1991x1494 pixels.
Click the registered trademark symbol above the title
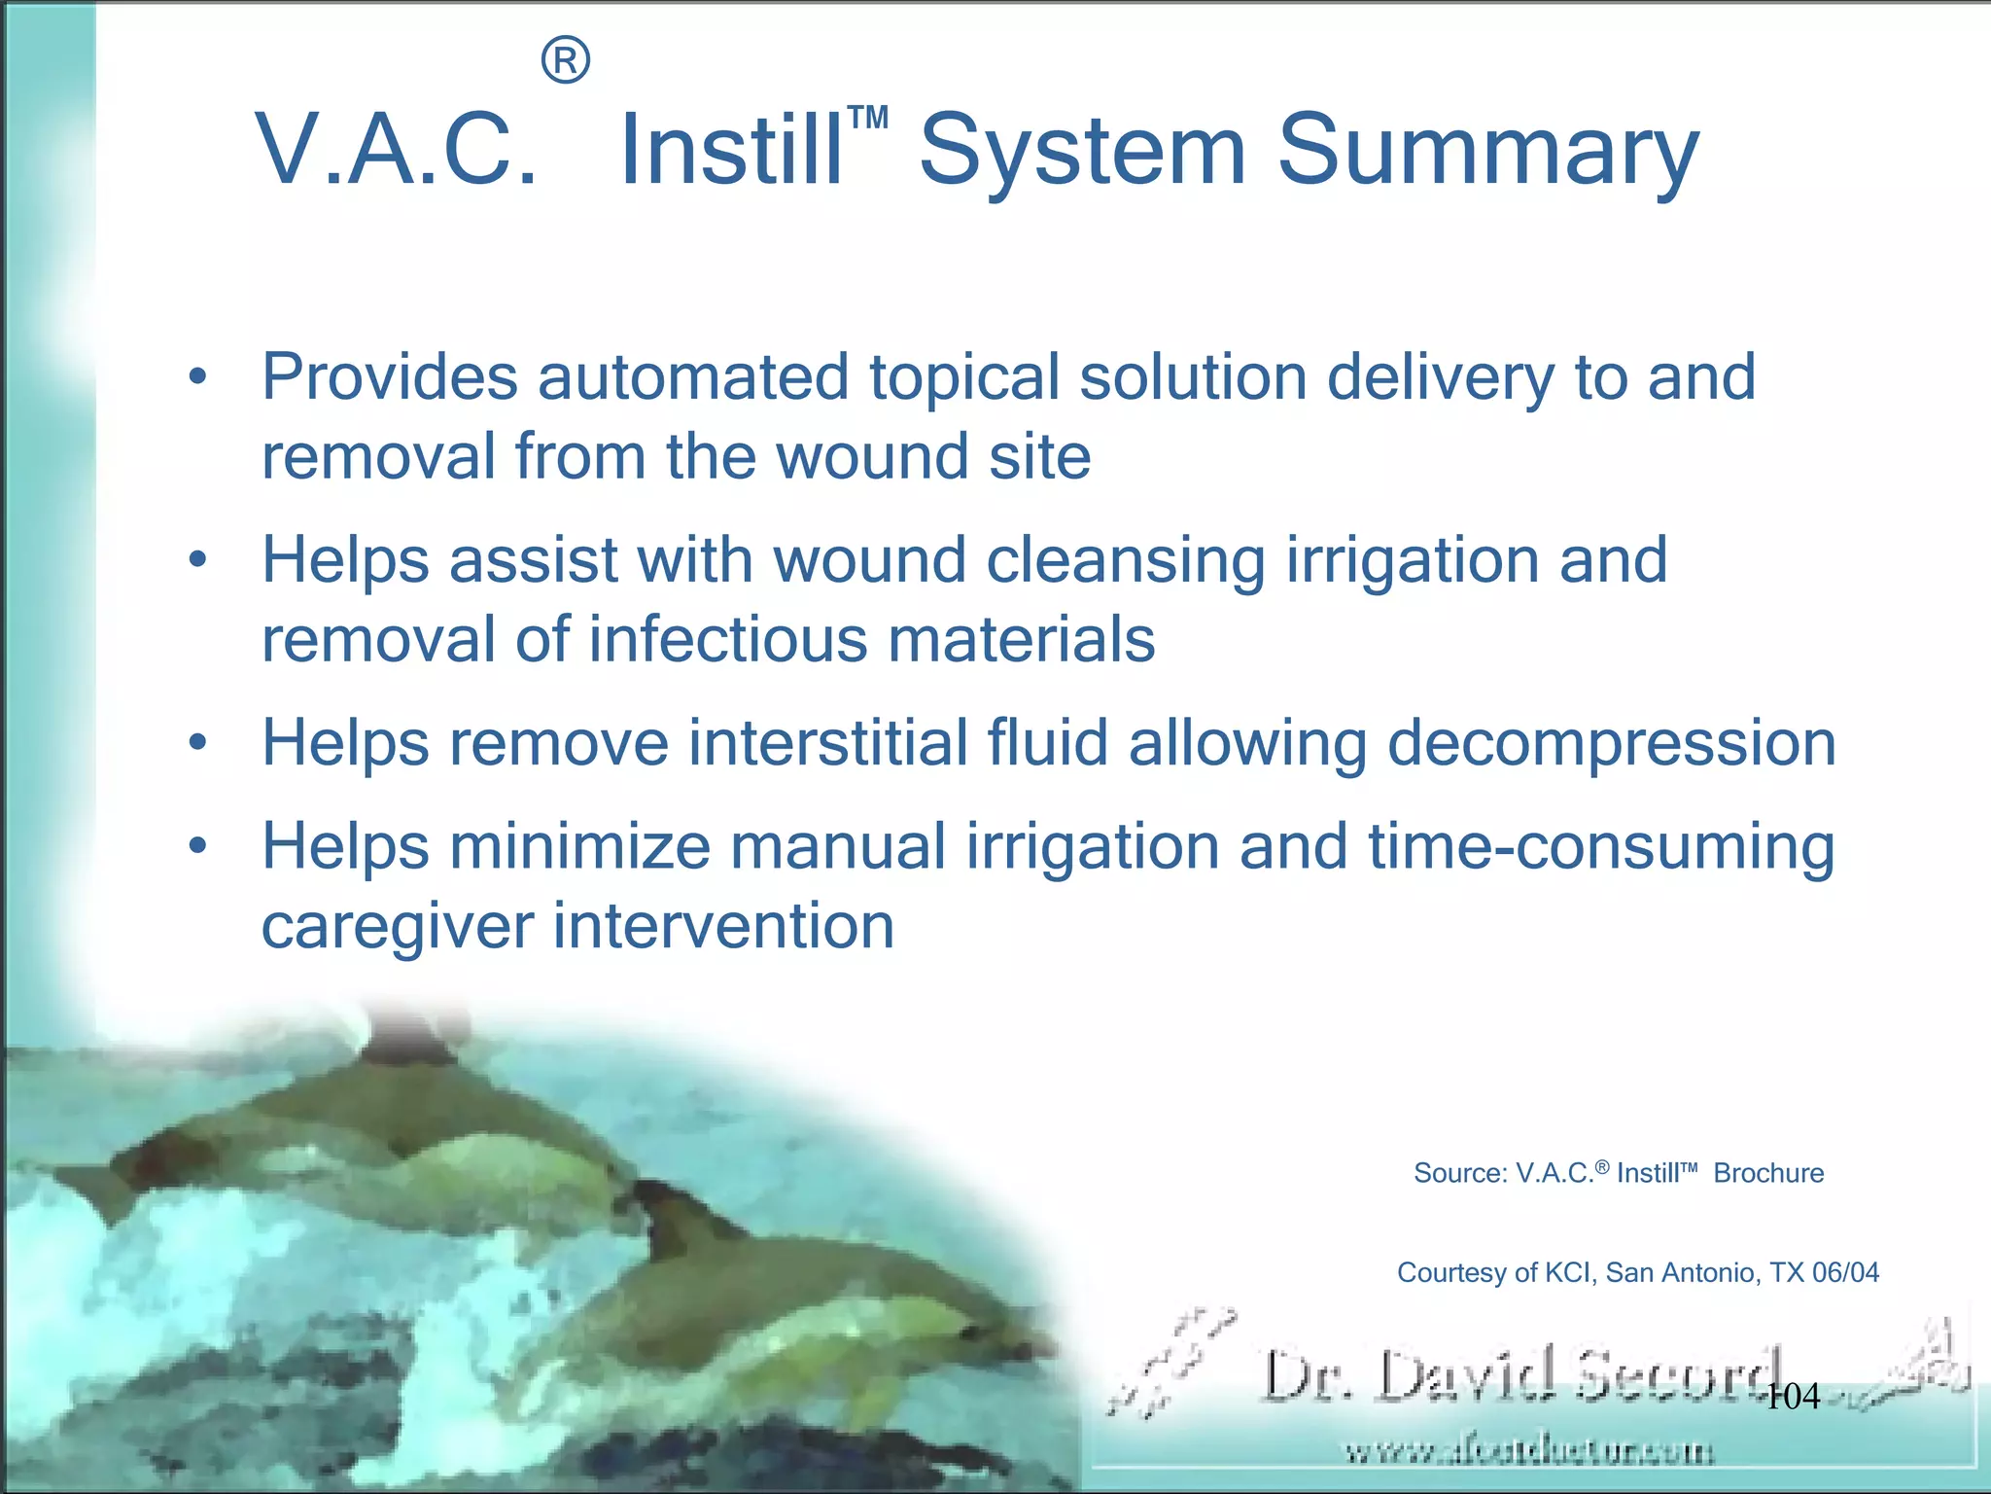[x=565, y=61]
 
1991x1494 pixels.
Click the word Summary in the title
[x=1487, y=151]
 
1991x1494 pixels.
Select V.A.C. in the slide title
[x=397, y=151]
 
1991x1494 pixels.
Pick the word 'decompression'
[x=1611, y=743]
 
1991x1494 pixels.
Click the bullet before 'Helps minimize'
[x=198, y=847]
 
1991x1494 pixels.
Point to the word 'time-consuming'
[x=1601, y=847]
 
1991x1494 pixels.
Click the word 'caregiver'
[x=398, y=926]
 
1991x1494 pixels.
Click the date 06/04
[x=1845, y=1272]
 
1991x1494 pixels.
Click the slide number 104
[x=1793, y=1397]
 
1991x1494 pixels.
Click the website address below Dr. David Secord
[x=1530, y=1453]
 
